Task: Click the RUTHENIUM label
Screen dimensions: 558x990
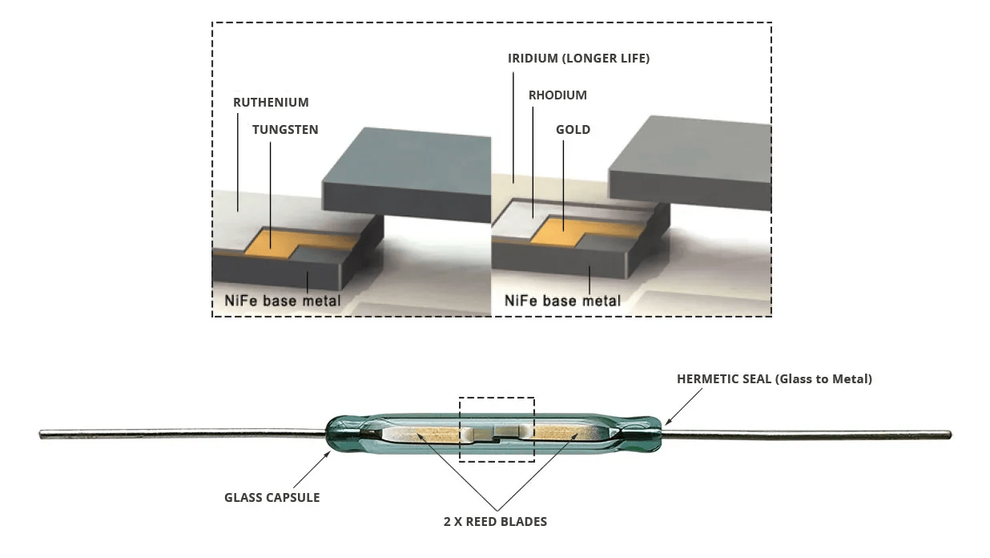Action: coord(271,103)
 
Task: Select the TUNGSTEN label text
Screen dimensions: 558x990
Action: coord(285,130)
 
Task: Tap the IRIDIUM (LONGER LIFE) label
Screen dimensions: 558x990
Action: coord(578,59)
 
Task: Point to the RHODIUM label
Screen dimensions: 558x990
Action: coord(557,95)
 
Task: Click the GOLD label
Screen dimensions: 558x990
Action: coord(573,130)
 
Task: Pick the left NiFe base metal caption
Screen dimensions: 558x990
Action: coord(282,301)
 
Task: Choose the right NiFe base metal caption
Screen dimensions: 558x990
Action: coord(562,301)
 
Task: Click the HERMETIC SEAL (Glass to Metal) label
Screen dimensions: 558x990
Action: coord(774,379)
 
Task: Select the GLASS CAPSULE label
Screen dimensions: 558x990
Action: coord(272,498)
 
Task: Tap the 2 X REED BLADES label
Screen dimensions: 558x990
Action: coord(495,522)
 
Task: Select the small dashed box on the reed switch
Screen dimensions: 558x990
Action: coord(496,428)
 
